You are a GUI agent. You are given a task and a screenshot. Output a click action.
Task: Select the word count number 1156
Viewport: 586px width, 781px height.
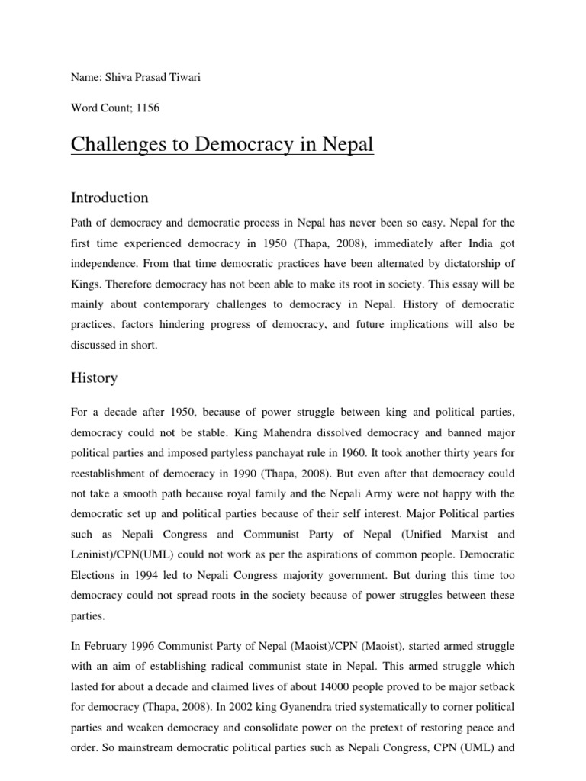[145, 108]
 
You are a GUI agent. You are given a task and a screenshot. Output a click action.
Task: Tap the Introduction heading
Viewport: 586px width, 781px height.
[109, 198]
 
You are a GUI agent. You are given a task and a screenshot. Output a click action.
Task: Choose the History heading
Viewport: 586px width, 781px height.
[94, 378]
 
